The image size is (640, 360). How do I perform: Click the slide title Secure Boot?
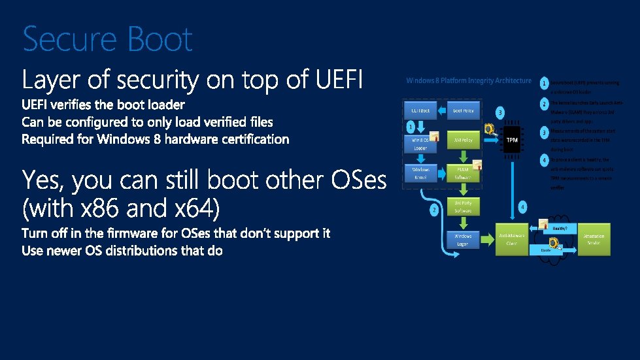click(x=108, y=39)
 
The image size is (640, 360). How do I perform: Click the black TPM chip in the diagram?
click(x=512, y=140)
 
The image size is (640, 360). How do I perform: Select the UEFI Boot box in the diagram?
click(x=420, y=111)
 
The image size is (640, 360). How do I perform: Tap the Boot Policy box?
click(x=463, y=111)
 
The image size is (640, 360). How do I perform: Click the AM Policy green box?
click(x=463, y=140)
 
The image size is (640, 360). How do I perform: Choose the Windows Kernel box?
click(x=420, y=173)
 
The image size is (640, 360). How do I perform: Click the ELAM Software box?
click(x=463, y=173)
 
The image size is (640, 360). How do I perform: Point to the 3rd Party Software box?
click(x=463, y=207)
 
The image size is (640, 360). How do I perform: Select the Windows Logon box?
click(x=463, y=239)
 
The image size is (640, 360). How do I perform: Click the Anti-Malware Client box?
click(x=512, y=239)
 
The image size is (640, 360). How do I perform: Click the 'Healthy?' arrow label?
click(x=559, y=229)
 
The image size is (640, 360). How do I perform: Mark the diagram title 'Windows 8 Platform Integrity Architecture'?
click(x=469, y=81)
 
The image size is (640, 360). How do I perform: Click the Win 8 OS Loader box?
click(x=420, y=144)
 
